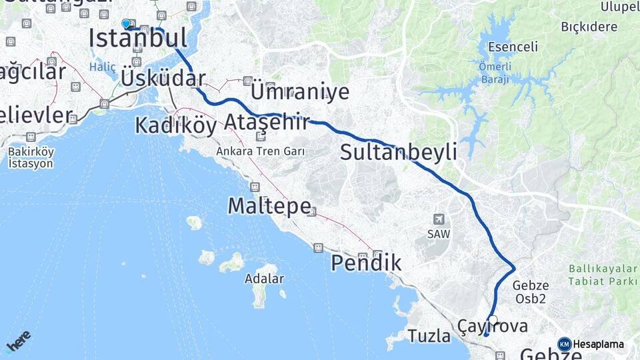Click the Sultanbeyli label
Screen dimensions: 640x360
point(398,152)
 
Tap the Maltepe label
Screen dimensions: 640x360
point(269,205)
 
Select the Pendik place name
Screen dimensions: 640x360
point(366,263)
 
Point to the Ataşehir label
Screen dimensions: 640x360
point(267,122)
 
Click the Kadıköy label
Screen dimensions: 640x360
point(175,125)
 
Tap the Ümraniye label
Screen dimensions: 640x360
point(299,91)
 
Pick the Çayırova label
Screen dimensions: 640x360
point(493,326)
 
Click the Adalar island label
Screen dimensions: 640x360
point(264,279)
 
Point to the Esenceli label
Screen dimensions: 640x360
point(513,47)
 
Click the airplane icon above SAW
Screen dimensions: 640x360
point(439,219)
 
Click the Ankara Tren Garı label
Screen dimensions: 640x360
point(260,151)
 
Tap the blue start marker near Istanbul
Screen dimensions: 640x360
point(126,24)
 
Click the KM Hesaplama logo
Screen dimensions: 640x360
point(591,344)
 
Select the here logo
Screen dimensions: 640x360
point(19,342)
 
